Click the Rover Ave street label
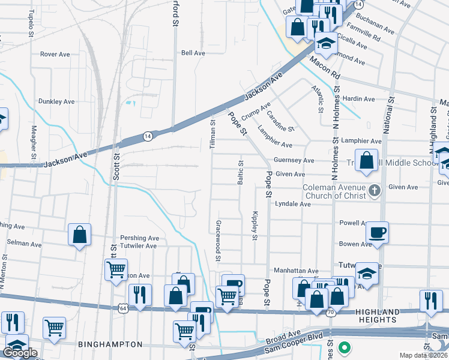coord(55,54)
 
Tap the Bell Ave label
coord(193,53)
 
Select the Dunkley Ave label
coord(56,101)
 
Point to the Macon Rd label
coord(325,67)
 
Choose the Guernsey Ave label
coord(294,160)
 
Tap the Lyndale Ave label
coord(292,204)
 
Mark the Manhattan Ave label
coord(296,271)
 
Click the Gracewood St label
coord(218,240)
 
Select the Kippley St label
coord(255,226)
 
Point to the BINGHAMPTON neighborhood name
coord(110,344)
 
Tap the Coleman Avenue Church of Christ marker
coord(375,191)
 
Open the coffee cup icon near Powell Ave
coord(377,232)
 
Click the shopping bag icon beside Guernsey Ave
coord(367,161)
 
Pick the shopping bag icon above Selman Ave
coord(80,235)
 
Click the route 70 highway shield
coord(330,313)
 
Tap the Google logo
coord(20,353)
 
